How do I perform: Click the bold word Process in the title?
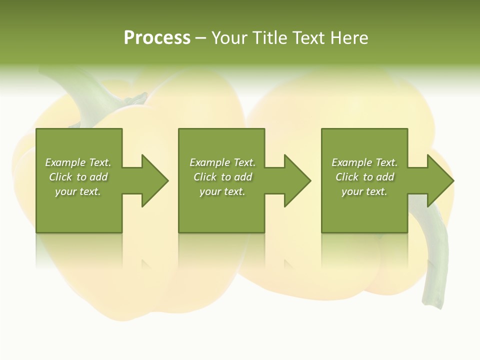[x=157, y=38]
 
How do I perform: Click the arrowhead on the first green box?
[x=153, y=180]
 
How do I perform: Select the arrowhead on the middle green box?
[x=296, y=180]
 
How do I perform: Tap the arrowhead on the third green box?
[x=439, y=180]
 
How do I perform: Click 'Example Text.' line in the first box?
[x=78, y=162]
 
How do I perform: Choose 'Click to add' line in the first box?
[x=78, y=177]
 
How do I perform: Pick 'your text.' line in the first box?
[x=78, y=191]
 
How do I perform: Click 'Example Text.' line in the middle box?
[x=222, y=162]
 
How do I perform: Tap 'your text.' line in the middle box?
[x=222, y=191]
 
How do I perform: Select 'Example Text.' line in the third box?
[x=364, y=162]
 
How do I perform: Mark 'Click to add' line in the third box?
[x=364, y=177]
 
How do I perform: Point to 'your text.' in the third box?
[x=364, y=191]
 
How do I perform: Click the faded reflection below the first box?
[x=79, y=250]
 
